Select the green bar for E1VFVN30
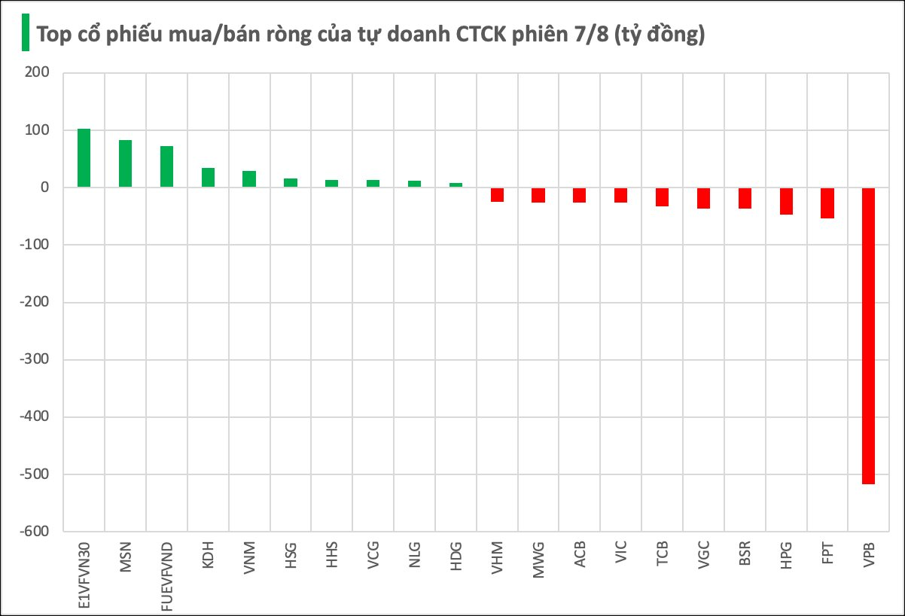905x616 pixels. pos(84,158)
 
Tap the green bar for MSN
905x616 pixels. pos(125,163)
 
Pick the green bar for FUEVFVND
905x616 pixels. pos(166,166)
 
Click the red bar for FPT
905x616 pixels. pos(827,203)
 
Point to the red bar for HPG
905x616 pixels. pos(785,201)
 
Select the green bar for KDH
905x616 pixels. pos(208,178)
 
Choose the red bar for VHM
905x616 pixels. pos(497,195)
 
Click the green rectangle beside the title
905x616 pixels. pos(25,33)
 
